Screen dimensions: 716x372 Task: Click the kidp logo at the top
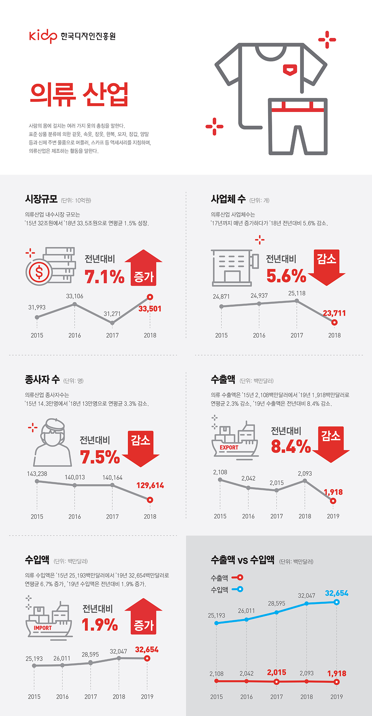click(43, 36)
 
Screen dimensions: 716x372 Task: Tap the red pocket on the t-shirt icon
click(290, 70)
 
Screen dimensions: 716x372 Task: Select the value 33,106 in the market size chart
click(74, 296)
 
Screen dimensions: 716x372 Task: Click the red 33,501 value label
click(150, 309)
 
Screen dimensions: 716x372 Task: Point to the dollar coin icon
click(39, 272)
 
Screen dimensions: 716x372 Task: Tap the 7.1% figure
click(104, 276)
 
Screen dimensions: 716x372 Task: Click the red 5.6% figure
click(286, 276)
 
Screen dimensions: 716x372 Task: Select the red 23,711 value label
click(334, 313)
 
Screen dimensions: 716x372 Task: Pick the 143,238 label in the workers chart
click(37, 474)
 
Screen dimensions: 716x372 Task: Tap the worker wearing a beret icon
click(52, 442)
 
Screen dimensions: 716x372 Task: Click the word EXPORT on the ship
click(229, 447)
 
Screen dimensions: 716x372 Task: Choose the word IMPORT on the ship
click(43, 628)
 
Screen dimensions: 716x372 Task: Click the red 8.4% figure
click(291, 446)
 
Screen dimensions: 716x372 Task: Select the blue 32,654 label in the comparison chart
click(336, 593)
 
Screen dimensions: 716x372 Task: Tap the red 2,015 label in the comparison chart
click(276, 672)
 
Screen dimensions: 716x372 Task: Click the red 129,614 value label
click(150, 485)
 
